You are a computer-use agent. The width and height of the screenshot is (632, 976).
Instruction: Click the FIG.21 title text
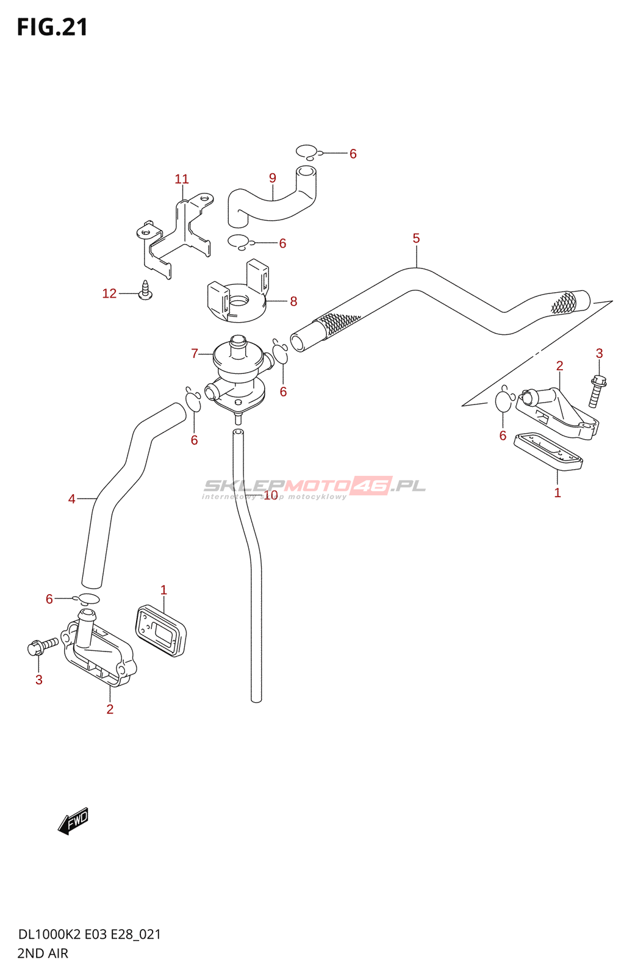[x=52, y=27]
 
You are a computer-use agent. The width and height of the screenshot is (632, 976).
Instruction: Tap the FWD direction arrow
[x=73, y=821]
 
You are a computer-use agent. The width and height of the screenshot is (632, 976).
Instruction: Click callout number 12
[x=109, y=294]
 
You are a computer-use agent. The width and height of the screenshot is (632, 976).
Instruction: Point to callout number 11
[x=182, y=179]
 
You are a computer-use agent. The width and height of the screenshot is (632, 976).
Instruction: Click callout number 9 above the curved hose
[x=273, y=178]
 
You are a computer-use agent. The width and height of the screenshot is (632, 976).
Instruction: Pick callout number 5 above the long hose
[x=416, y=239]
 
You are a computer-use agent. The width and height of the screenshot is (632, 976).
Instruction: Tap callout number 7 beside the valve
[x=195, y=354]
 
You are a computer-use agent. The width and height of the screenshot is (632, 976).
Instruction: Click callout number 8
[x=293, y=301]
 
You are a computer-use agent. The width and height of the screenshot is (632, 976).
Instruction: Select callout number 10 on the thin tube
[x=270, y=495]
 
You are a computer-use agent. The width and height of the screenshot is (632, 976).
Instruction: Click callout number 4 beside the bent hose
[x=71, y=500]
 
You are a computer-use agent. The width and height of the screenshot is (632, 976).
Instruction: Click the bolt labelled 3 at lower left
[x=41, y=645]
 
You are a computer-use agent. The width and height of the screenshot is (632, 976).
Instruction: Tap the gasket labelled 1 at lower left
[x=160, y=631]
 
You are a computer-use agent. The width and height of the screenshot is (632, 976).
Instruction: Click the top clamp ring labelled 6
[x=307, y=152]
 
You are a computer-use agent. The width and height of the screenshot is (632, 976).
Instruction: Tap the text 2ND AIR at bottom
[x=43, y=953]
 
